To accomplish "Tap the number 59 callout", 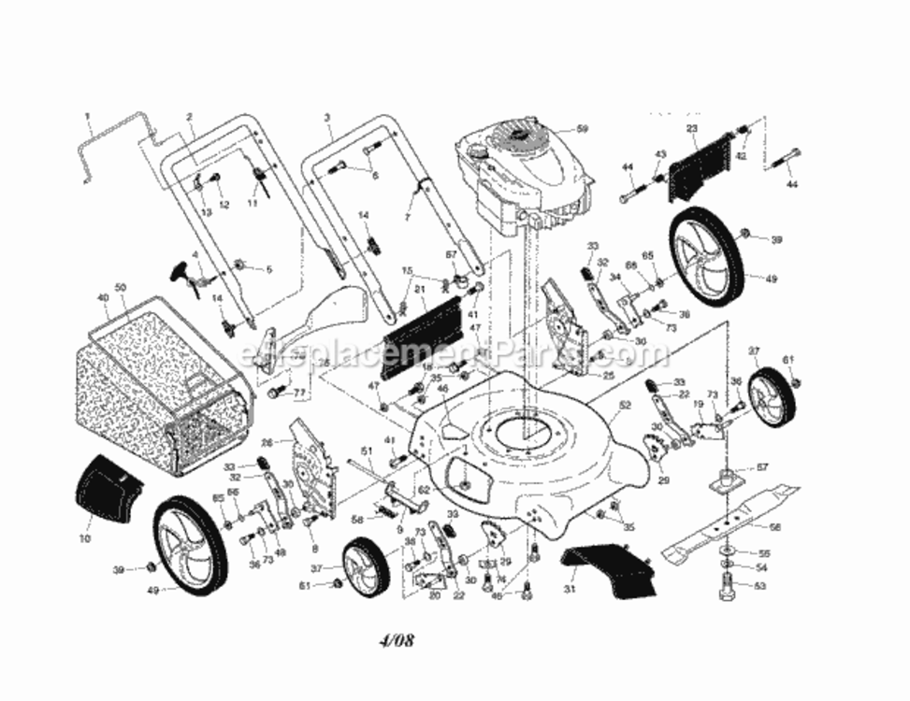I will point(582,129).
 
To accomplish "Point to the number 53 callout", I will point(759,587).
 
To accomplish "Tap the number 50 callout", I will point(119,286).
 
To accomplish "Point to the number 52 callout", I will point(625,405).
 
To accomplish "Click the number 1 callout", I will point(87,118).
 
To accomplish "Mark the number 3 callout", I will point(327,118).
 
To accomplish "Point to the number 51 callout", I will point(368,451).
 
